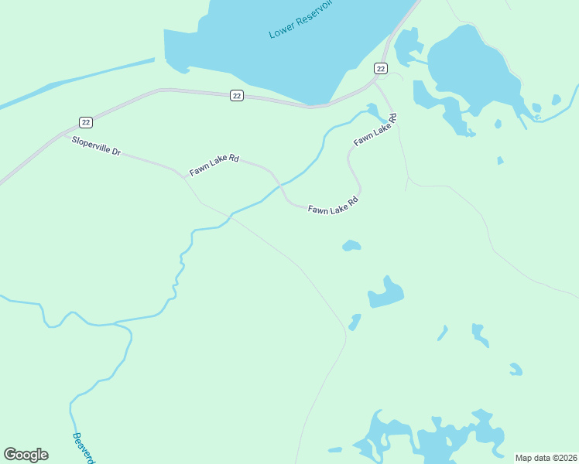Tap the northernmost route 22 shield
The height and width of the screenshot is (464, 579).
click(x=380, y=69)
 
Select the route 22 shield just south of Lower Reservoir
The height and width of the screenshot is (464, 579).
click(x=237, y=95)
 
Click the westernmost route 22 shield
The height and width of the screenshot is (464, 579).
click(x=86, y=122)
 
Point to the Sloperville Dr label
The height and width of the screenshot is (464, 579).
click(x=96, y=145)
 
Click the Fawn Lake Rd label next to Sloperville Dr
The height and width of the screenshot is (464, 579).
click(x=214, y=165)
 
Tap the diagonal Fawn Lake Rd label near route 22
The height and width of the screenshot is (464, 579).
click(x=375, y=130)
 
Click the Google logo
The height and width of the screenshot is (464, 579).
click(x=26, y=455)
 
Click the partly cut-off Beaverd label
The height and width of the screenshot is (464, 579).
click(x=83, y=447)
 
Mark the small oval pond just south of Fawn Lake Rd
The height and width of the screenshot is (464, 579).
click(x=351, y=246)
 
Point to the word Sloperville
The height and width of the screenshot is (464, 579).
click(x=91, y=144)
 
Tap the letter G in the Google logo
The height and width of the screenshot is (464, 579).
click(x=10, y=455)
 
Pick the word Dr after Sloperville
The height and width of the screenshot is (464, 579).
click(x=116, y=152)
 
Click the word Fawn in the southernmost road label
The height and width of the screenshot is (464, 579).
click(x=317, y=209)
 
